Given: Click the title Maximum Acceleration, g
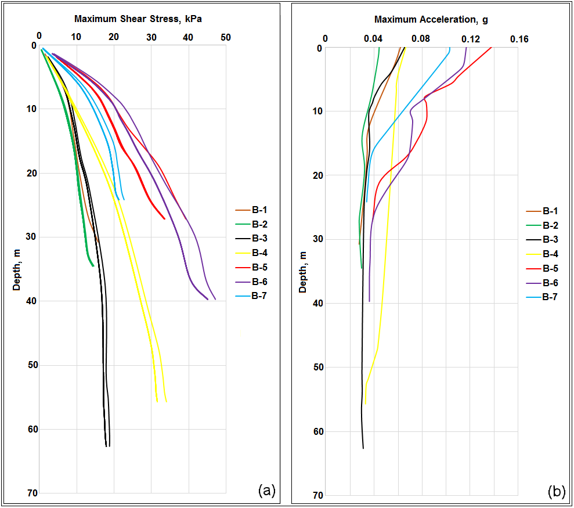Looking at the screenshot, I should [x=431, y=20].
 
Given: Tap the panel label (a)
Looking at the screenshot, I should [x=266, y=491].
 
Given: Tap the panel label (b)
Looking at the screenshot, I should [x=556, y=492].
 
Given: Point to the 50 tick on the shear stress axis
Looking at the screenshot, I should [x=226, y=37].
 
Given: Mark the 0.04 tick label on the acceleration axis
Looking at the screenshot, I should [x=373, y=39].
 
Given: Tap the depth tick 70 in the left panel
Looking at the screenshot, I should [x=33, y=493].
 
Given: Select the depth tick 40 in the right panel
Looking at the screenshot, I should [x=318, y=303].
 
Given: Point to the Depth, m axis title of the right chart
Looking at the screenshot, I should [x=303, y=271].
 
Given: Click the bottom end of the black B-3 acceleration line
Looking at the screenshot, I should [x=363, y=448].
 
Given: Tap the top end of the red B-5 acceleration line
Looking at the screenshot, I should [x=492, y=48].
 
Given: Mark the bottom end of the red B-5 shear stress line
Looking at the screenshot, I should [x=165, y=219].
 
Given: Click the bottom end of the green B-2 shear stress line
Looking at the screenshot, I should [x=93, y=266].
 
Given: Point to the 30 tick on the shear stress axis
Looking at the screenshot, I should [x=151, y=37].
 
